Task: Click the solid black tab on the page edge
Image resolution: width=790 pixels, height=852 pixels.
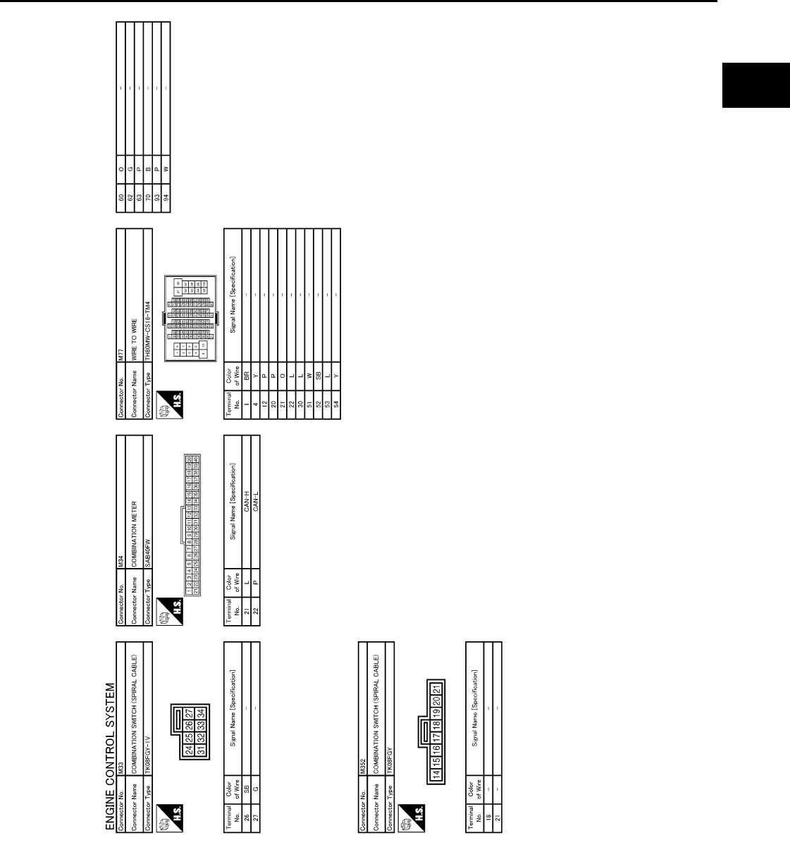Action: [754, 85]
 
